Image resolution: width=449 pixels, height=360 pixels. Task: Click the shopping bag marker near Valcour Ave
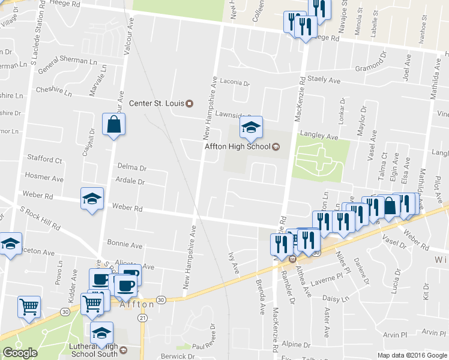(x=113, y=125)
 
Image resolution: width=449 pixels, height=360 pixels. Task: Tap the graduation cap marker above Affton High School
(x=252, y=127)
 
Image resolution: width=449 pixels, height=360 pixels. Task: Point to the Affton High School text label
(x=238, y=146)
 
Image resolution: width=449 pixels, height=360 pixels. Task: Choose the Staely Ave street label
(x=324, y=80)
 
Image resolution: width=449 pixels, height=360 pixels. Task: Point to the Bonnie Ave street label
(x=124, y=245)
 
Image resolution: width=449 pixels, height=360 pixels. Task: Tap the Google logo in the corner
(x=20, y=353)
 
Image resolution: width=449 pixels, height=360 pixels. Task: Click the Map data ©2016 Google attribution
(x=411, y=355)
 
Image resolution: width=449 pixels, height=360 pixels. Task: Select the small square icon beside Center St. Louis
(x=189, y=103)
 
